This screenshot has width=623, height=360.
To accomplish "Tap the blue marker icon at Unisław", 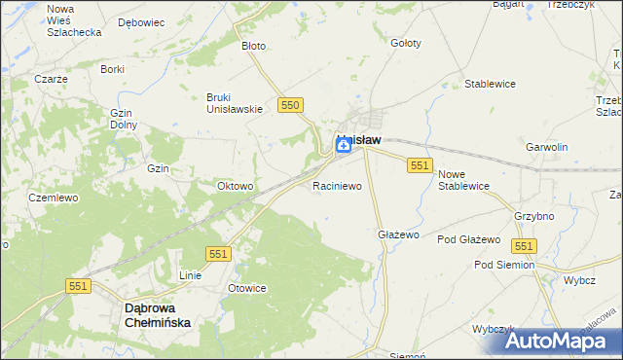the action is [x=345, y=145].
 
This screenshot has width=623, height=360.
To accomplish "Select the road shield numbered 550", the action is [x=290, y=104].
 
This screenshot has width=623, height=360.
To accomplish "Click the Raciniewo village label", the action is [x=337, y=184].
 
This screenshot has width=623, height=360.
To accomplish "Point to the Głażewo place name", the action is [x=397, y=234].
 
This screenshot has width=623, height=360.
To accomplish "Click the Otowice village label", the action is [x=247, y=288].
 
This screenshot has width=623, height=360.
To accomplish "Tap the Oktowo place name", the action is [x=235, y=186].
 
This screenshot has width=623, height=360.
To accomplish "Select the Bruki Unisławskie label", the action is [x=235, y=102].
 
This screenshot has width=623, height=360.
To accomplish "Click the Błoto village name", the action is [x=253, y=46].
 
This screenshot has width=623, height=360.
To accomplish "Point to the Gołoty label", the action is [x=405, y=43].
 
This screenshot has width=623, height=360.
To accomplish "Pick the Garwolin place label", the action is [x=546, y=147].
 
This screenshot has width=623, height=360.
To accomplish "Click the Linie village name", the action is [x=189, y=275].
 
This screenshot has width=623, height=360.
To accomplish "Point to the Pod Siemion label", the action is [x=504, y=265].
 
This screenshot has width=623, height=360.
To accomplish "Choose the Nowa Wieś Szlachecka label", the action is [x=74, y=19].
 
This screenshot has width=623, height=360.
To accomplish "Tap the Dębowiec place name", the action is [x=140, y=20].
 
